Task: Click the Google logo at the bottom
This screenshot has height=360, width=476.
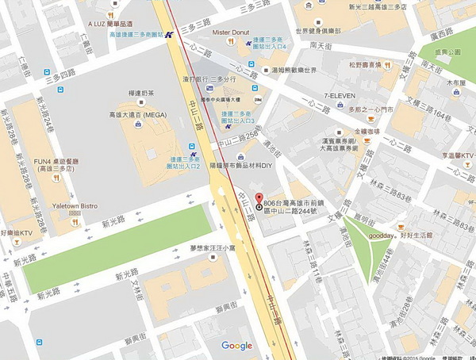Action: point(236,345)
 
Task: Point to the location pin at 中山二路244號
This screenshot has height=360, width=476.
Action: point(257,207)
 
